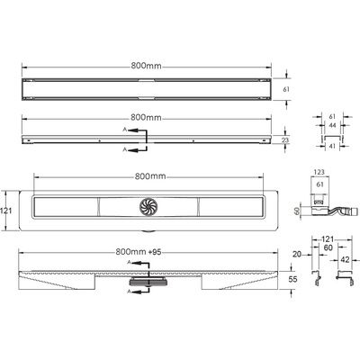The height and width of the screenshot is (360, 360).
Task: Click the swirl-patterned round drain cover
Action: click(148, 206)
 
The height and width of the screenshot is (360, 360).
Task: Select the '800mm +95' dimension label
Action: click(139, 252)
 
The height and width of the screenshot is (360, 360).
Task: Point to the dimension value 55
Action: click(292, 279)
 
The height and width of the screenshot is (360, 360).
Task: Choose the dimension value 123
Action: click(319, 172)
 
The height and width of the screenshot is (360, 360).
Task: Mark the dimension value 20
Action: click(297, 255)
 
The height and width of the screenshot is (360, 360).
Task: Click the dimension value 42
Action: click(345, 260)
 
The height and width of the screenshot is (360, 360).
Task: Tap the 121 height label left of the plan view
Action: click(6, 211)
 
